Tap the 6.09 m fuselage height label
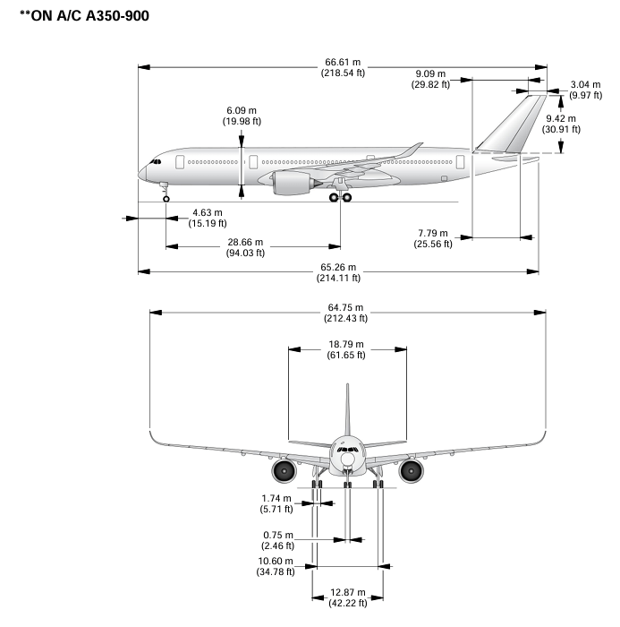(241, 116)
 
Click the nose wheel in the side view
(166, 198)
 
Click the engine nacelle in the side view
(289, 184)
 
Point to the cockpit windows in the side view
(156, 162)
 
